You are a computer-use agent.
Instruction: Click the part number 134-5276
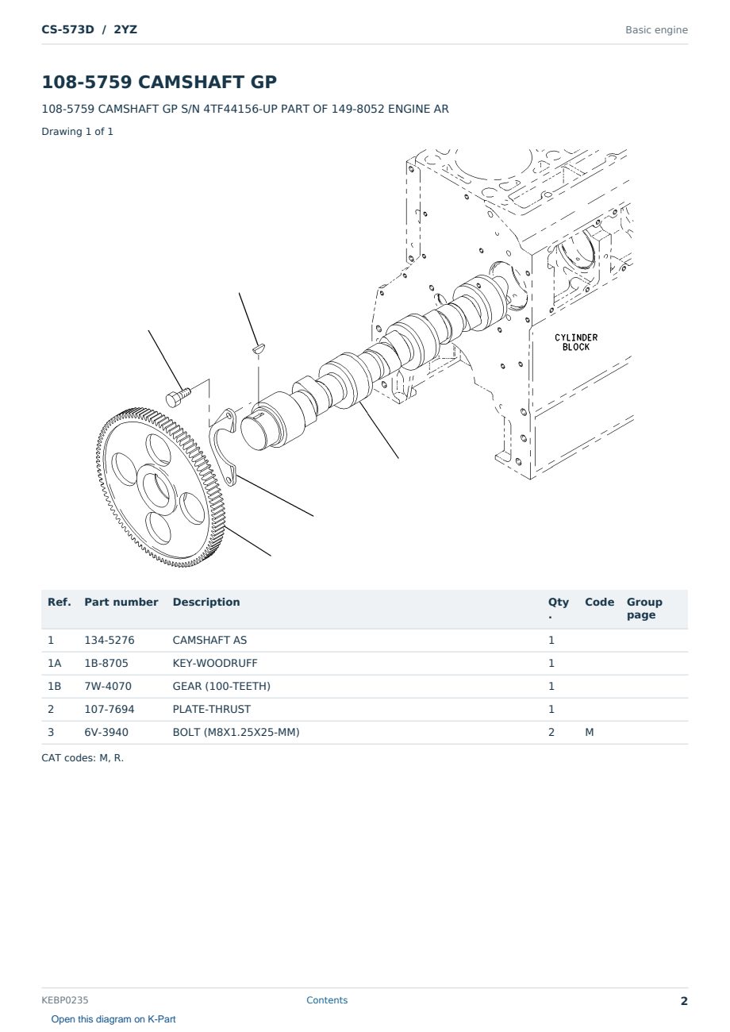pyautogui.click(x=109, y=640)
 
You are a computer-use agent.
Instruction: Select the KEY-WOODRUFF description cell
pyautogui.click(x=214, y=663)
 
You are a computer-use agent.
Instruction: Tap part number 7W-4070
pyautogui.click(x=108, y=686)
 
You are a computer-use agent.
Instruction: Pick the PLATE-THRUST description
pyautogui.click(x=211, y=709)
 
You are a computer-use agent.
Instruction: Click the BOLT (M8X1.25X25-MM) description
pyautogui.click(x=236, y=732)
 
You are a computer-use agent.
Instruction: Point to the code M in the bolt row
pyautogui.click(x=589, y=732)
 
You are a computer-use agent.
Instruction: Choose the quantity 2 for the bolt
pyautogui.click(x=551, y=732)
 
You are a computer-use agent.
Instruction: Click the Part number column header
pyautogui.click(x=121, y=602)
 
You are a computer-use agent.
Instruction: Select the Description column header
pyautogui.click(x=206, y=602)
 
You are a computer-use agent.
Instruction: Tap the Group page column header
pyautogui.click(x=644, y=608)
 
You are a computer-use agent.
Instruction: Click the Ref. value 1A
pyautogui.click(x=54, y=663)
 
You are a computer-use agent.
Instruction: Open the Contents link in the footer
pyautogui.click(x=327, y=999)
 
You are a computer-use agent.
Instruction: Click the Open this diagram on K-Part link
pyautogui.click(x=113, y=1019)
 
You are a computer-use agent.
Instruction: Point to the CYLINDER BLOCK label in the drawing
pyautogui.click(x=576, y=342)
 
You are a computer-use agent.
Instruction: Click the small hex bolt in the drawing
pyautogui.click(x=178, y=398)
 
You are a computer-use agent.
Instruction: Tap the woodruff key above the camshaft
pyautogui.click(x=259, y=348)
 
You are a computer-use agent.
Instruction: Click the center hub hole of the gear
pyautogui.click(x=158, y=489)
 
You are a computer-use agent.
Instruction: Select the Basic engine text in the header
pyautogui.click(x=656, y=30)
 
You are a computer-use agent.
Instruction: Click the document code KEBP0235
pyautogui.click(x=65, y=999)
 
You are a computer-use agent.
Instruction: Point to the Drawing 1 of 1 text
pyautogui.click(x=78, y=131)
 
